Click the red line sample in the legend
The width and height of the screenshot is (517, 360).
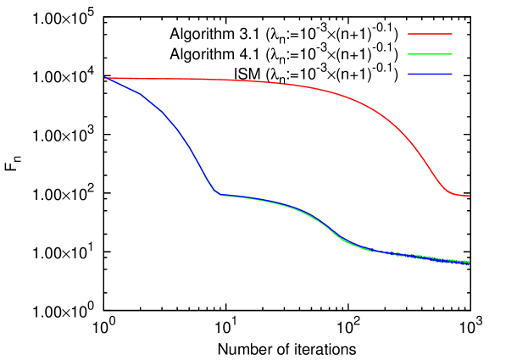pos(430,34)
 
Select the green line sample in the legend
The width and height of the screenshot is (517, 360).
pos(430,54)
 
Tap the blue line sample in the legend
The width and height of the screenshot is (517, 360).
pos(430,75)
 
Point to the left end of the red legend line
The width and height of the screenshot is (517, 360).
pos(409,34)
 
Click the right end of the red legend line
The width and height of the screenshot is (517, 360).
pos(452,34)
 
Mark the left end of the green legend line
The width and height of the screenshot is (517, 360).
pos(409,54)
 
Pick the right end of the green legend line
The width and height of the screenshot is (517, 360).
pos(452,54)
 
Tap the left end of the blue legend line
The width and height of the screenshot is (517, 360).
pos(409,75)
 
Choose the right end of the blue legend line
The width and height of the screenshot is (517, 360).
pos(452,75)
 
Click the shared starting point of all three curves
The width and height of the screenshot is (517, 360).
pos(105,78)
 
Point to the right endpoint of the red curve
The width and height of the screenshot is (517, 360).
pos(469,196)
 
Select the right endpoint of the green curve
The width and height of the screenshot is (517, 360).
pos(469,261)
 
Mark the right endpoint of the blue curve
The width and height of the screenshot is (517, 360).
pos(469,264)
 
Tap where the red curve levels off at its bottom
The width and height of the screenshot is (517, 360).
pos(453,194)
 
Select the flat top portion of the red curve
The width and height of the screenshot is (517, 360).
pos(212,80)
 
